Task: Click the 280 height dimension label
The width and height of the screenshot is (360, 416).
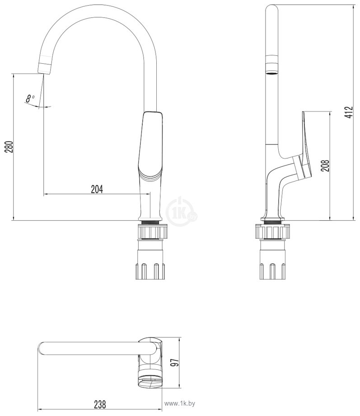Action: [9, 147]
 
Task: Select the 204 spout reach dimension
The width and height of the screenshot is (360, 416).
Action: [97, 189]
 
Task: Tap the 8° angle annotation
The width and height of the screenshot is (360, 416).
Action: [30, 99]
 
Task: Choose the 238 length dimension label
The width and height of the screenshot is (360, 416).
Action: [100, 404]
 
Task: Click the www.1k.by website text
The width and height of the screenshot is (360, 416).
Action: [180, 404]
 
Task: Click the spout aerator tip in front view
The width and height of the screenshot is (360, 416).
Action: [45, 65]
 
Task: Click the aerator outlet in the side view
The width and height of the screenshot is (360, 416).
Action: [272, 65]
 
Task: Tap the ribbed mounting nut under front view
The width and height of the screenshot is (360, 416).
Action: [153, 232]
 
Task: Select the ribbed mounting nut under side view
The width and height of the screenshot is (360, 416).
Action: [273, 232]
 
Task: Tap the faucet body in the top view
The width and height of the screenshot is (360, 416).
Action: [150, 363]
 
